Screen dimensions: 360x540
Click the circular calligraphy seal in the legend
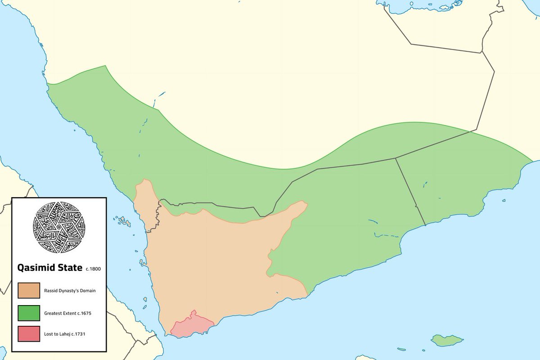tap(59, 228)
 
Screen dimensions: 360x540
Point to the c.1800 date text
tap(93, 269)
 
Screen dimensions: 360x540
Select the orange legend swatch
tap(29, 290)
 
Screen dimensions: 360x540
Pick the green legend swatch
tap(29, 313)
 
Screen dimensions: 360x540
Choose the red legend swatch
tap(29, 334)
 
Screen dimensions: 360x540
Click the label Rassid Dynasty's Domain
tap(70, 291)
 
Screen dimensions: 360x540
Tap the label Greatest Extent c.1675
tap(68, 313)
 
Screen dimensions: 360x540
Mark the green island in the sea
tap(447, 340)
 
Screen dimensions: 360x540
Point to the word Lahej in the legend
tap(66, 334)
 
